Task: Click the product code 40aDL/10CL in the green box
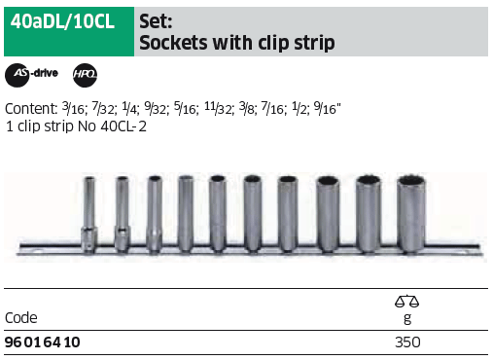[62, 22]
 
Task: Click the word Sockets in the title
[173, 43]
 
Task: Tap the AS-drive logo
[31, 75]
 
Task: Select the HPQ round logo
[85, 75]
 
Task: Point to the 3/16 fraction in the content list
[73, 108]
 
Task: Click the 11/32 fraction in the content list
[218, 108]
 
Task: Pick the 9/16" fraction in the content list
[327, 108]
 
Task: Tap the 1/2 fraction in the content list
[299, 108]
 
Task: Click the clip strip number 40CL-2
[123, 126]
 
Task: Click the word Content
[31, 109]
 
